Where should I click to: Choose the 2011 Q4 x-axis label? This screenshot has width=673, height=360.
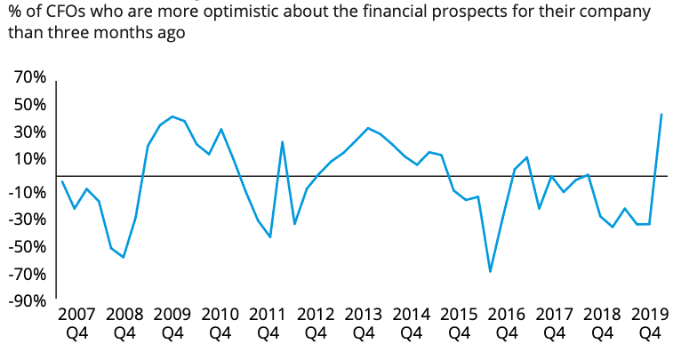(x=268, y=324)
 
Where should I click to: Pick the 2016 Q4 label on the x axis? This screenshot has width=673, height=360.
(x=507, y=324)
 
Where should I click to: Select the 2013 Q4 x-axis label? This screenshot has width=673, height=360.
(x=363, y=324)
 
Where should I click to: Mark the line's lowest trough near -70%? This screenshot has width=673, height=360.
(x=490, y=271)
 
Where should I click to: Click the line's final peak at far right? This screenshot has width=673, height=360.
(x=661, y=114)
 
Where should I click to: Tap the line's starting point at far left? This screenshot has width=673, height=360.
(x=61, y=181)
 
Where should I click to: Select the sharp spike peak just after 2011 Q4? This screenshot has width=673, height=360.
(x=282, y=141)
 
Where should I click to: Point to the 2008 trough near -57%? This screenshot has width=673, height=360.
(x=124, y=257)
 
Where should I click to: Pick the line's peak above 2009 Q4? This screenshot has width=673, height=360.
(x=172, y=116)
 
